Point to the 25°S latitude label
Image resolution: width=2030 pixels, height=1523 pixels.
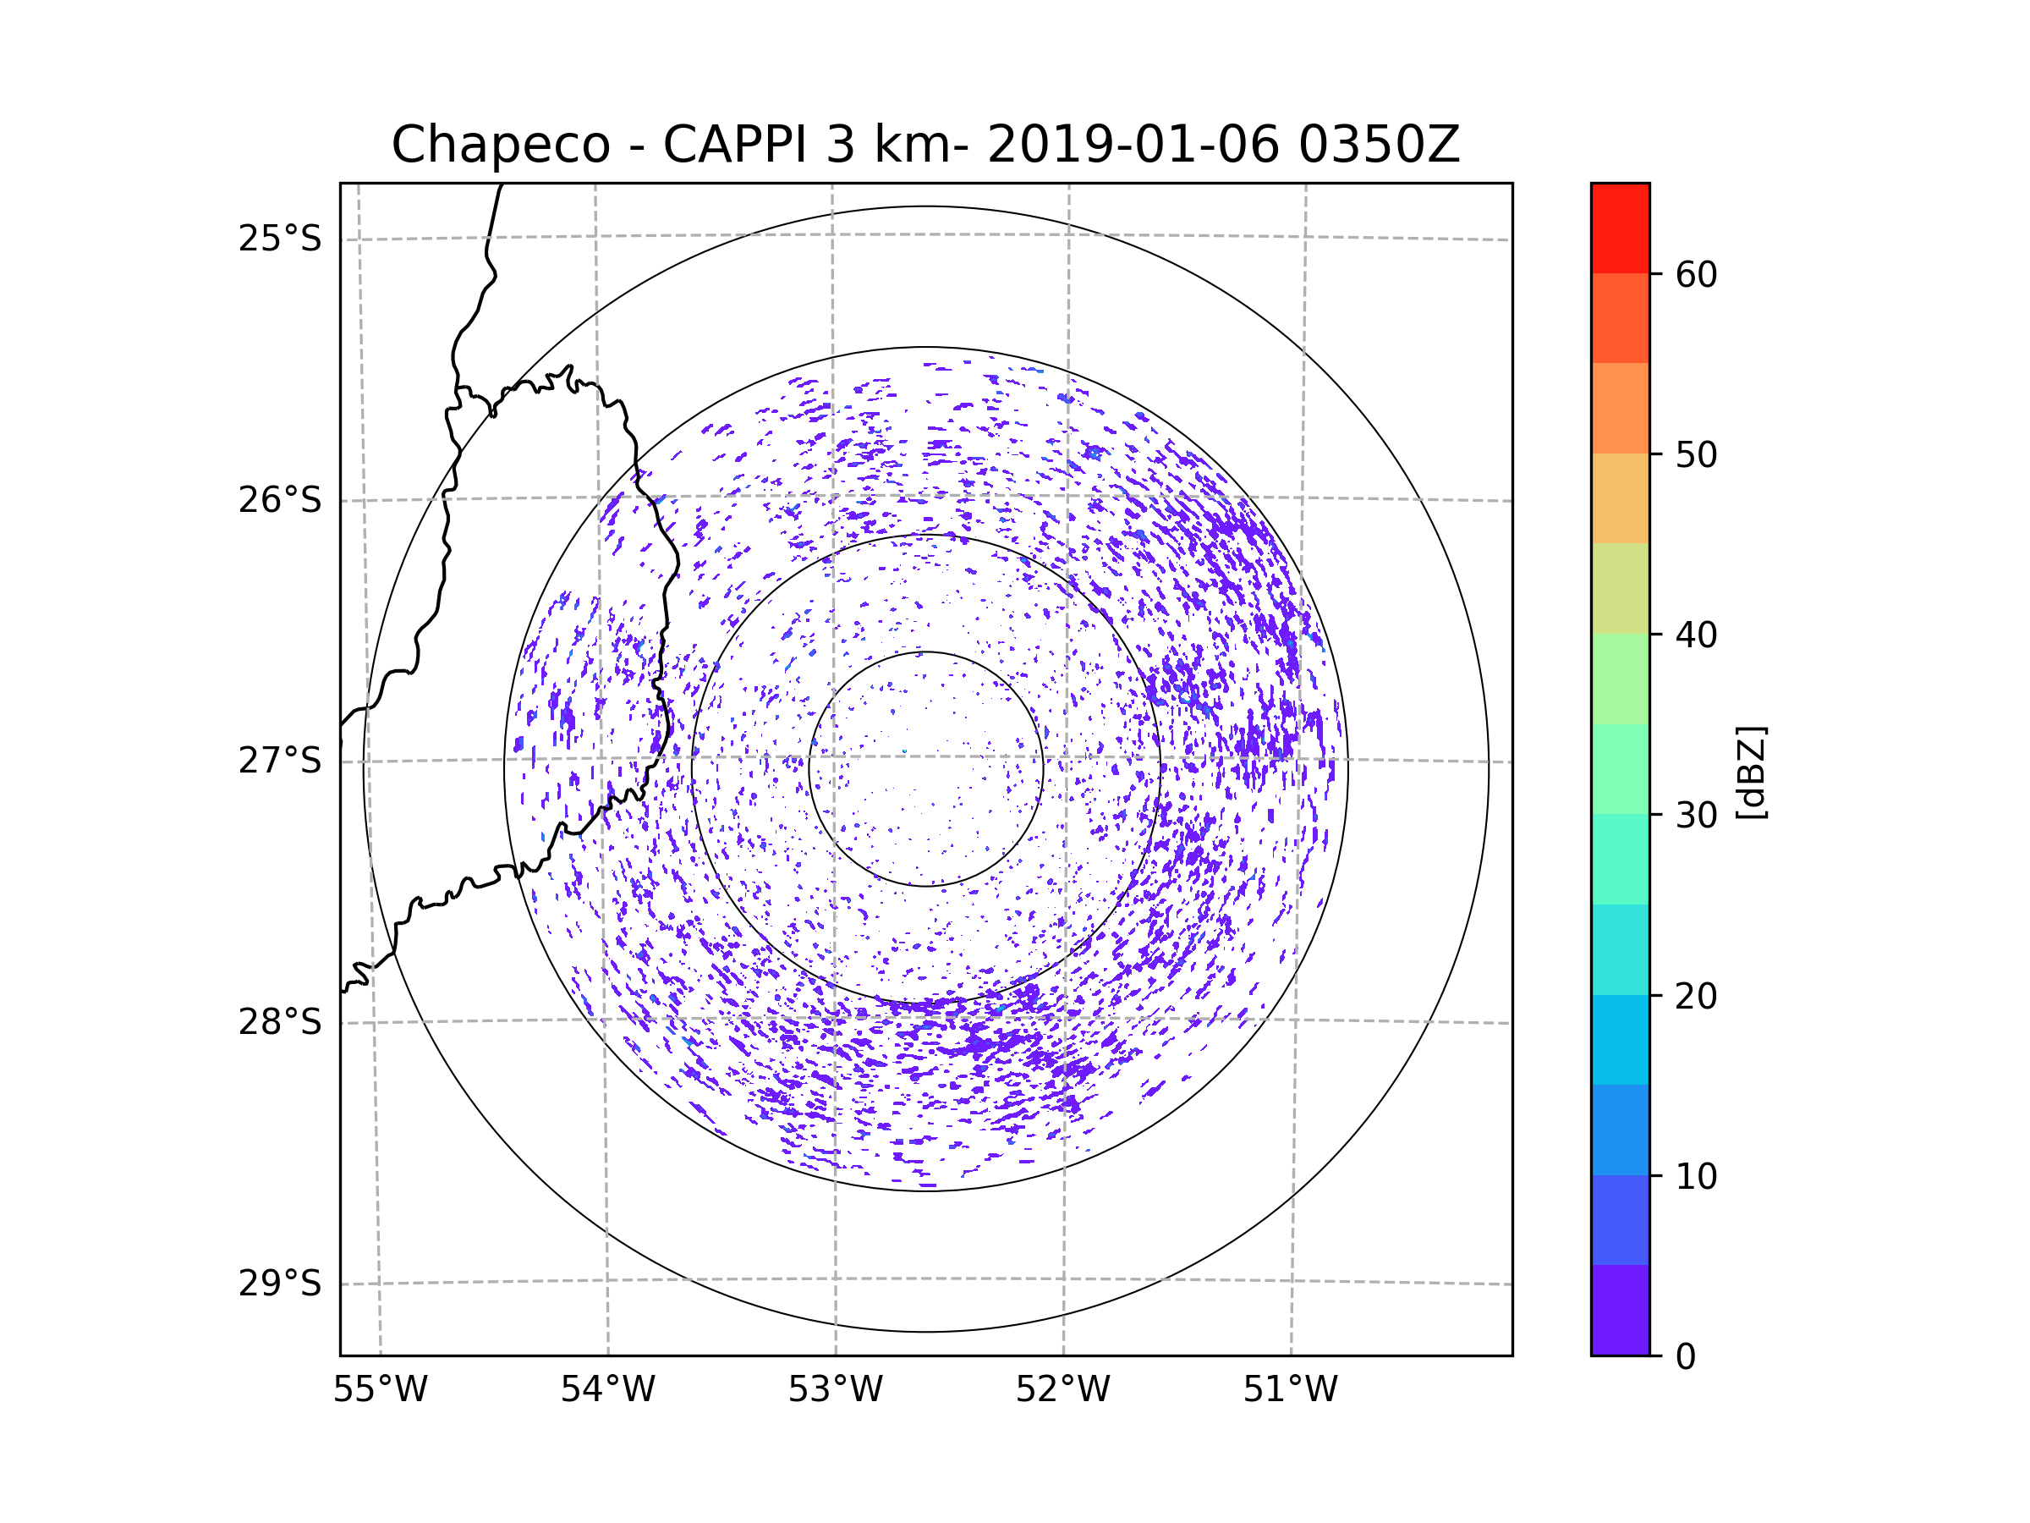[280, 239]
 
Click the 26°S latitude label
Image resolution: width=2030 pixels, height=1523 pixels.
[280, 500]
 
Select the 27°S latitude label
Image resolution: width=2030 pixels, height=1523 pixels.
[280, 761]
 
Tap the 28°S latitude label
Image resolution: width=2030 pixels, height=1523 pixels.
[280, 1022]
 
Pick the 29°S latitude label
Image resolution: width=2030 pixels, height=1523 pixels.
[280, 1284]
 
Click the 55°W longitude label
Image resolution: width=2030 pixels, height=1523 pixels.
[380, 1390]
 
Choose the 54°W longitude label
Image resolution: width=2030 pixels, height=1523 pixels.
[607, 1390]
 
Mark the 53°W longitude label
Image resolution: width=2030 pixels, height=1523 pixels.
[835, 1390]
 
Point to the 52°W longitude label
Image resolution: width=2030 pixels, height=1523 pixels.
[1062, 1390]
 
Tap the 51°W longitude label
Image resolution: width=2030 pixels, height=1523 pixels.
[1290, 1390]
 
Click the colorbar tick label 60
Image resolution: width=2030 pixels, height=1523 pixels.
[1696, 274]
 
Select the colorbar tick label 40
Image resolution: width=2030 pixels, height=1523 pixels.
[1696, 635]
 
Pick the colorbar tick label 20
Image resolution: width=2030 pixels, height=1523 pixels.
[1696, 996]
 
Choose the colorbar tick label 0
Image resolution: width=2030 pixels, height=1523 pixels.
[1686, 1357]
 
